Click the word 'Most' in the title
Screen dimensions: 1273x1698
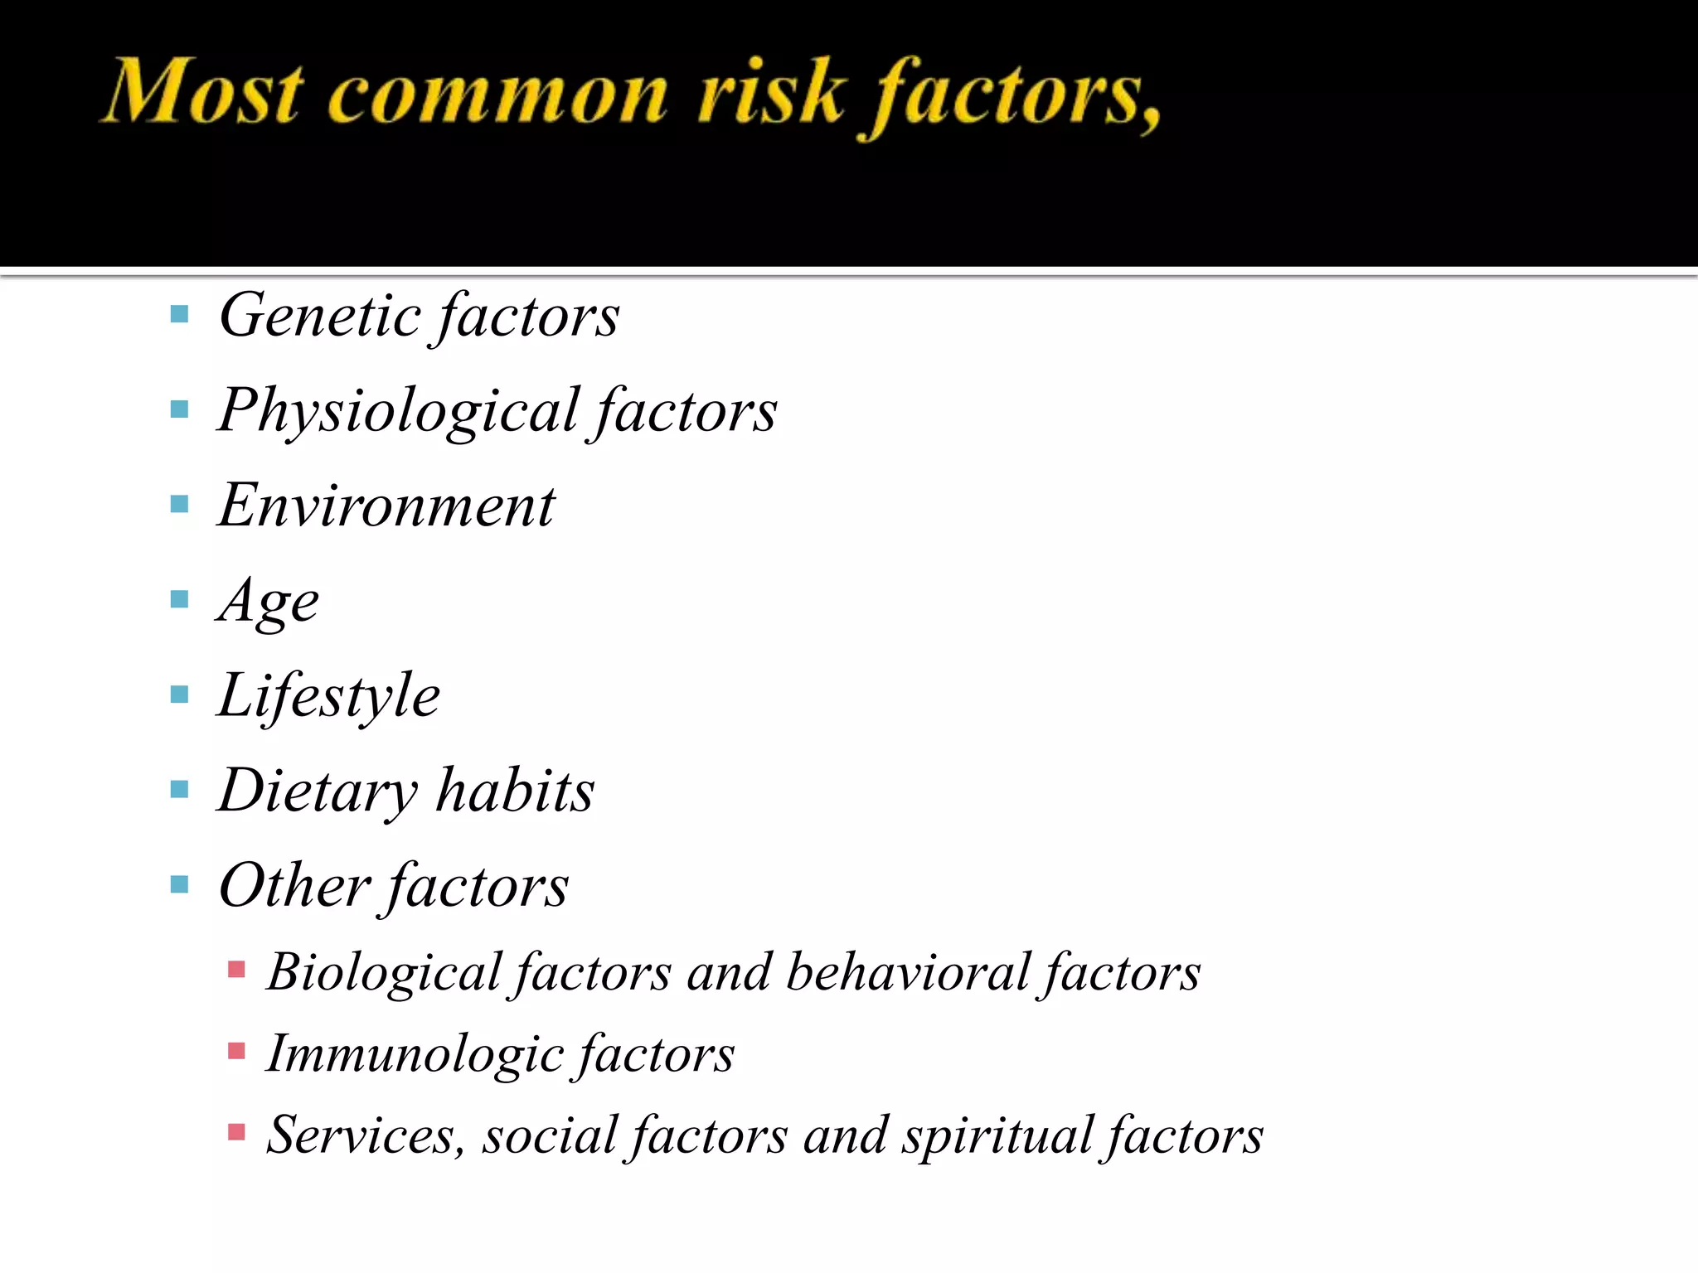201,93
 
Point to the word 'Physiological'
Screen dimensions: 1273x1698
398,412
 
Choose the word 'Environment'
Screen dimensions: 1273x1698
386,506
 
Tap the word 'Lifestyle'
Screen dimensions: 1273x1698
328,696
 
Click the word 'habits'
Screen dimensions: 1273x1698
515,790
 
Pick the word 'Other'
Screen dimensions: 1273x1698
294,886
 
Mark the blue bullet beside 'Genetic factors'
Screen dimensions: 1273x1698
179,314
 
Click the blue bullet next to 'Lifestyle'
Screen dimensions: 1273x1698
179,694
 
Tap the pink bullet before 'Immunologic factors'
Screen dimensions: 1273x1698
236,1051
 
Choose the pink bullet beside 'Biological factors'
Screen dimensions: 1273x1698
236,969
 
